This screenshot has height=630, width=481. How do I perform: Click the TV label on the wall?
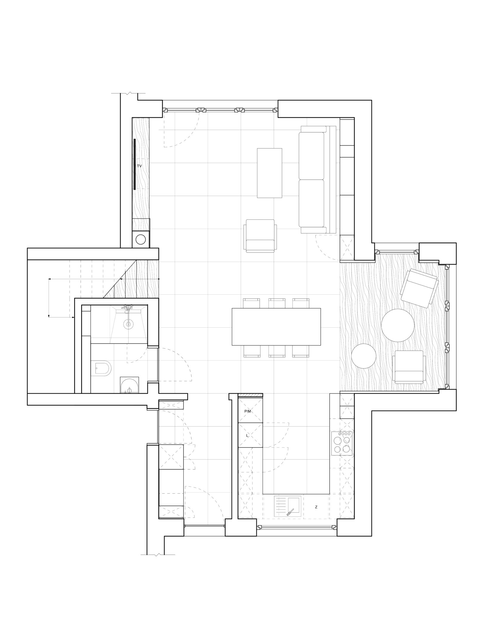[139, 166]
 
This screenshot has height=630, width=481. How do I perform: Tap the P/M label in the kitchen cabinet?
[248, 411]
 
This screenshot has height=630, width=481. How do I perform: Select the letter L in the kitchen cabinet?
[247, 436]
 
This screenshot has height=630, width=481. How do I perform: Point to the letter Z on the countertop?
[316, 507]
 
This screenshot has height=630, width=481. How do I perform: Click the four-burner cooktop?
[342, 443]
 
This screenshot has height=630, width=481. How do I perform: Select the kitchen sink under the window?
[288, 506]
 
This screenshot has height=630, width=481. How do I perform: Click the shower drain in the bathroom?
[129, 324]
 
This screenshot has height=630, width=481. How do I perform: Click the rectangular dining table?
[276, 327]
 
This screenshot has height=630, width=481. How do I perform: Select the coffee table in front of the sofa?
[269, 173]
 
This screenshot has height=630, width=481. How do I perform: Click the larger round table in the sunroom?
[398, 325]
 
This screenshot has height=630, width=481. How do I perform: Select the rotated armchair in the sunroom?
[420, 288]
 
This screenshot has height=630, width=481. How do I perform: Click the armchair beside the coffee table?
[260, 236]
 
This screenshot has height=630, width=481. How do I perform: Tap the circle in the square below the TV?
[141, 239]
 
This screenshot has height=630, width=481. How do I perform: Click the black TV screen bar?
[135, 164]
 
